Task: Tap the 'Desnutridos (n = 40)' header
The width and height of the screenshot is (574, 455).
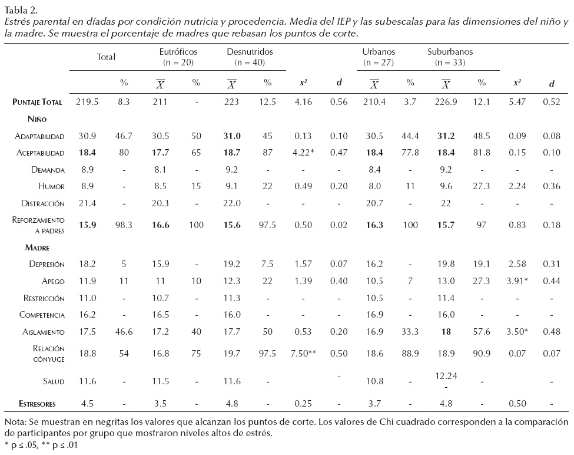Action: (x=250, y=57)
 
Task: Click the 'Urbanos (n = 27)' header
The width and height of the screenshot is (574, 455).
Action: (x=379, y=57)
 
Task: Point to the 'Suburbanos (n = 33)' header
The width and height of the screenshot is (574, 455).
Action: (x=450, y=57)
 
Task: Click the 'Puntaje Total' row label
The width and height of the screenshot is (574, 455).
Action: (x=37, y=102)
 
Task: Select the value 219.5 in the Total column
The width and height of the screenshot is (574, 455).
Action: (x=87, y=102)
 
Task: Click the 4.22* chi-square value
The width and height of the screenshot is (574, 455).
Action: (x=303, y=153)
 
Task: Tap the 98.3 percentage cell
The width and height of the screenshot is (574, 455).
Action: (x=124, y=225)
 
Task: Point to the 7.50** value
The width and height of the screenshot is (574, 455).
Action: (x=303, y=353)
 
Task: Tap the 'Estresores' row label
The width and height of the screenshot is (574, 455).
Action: (x=36, y=404)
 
